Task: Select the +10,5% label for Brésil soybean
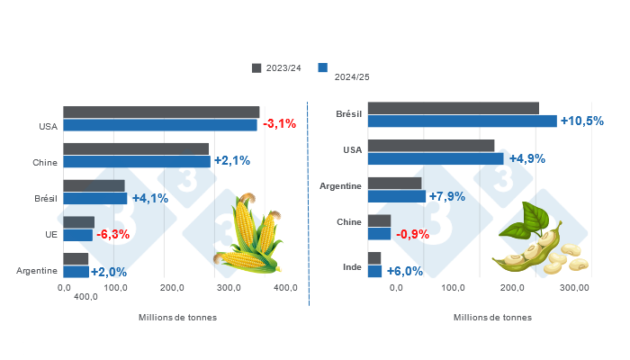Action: (581, 121)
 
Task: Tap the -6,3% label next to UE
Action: (112, 235)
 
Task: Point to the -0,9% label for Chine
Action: (412, 234)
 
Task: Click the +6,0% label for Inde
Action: (404, 270)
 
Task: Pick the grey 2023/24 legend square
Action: (256, 67)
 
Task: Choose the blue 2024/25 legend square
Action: (322, 67)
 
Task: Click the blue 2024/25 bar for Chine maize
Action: (137, 162)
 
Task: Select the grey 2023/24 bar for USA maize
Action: (161, 112)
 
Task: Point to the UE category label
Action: (50, 235)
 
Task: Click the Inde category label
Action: (353, 267)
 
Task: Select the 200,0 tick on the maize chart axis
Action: (173, 287)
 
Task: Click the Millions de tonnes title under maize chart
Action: (177, 317)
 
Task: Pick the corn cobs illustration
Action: (248, 236)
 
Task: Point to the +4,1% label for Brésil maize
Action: (149, 198)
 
